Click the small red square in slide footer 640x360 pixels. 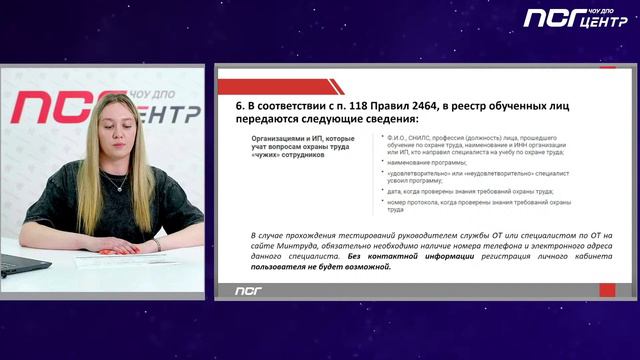(607, 290)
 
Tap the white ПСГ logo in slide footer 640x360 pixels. (248, 291)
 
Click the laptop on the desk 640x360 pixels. (22, 264)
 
